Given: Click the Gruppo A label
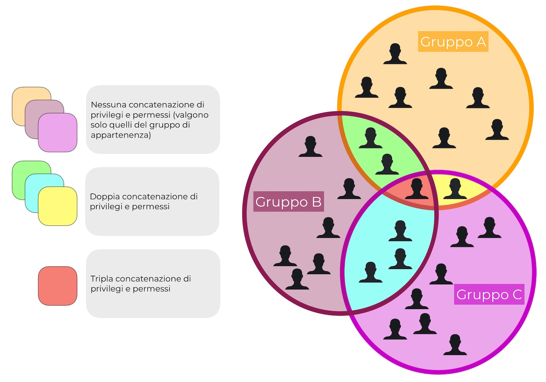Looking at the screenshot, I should (453, 42).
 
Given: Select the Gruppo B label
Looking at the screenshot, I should (288, 202).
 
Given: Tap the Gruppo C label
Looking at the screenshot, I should (489, 294).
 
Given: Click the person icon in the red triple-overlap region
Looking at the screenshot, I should (417, 188).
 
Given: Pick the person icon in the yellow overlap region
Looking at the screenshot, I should (455, 188).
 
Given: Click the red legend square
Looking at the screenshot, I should (58, 286).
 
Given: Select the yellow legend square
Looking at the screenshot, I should (58, 206).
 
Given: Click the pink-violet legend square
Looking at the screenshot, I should (58, 132).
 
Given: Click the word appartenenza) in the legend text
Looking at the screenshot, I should (120, 135).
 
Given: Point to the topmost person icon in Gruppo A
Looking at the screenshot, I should (395, 54).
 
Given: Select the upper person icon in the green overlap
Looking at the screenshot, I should (371, 138).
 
